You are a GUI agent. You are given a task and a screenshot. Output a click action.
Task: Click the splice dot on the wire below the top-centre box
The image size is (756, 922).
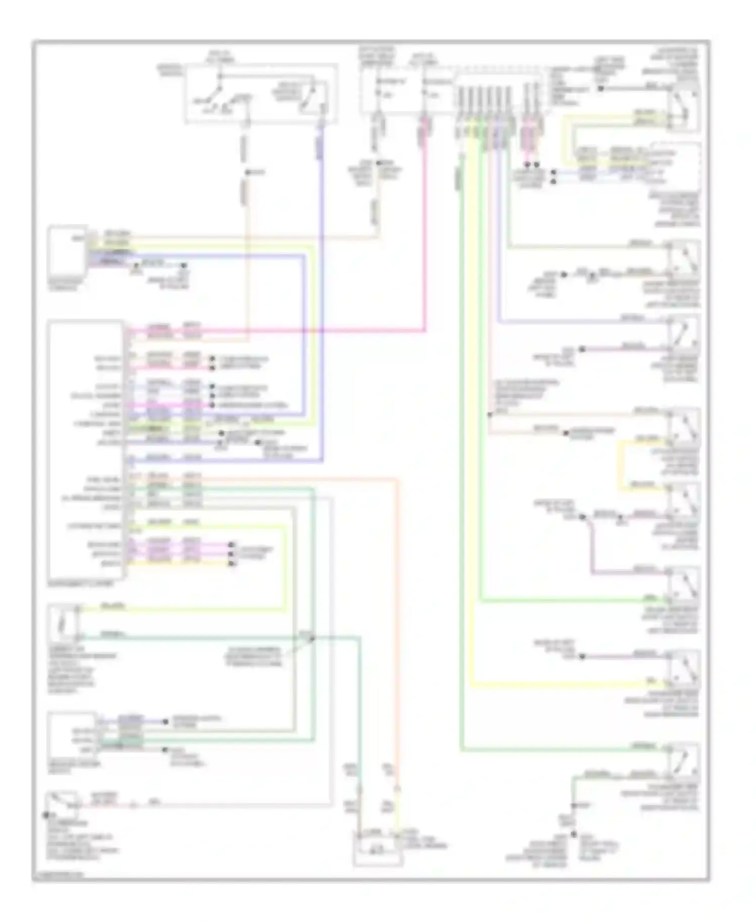pyautogui.click(x=247, y=173)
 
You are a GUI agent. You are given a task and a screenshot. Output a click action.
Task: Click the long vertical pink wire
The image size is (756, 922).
pyautogui.click(x=425, y=227)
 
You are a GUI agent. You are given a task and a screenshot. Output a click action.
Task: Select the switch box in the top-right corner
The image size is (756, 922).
pyautogui.click(x=684, y=108)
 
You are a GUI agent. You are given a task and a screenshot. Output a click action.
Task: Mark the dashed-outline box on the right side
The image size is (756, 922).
pyautogui.click(x=675, y=164)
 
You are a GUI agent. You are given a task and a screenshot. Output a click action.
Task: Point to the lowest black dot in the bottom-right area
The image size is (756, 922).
pyautogui.click(x=573, y=835)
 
